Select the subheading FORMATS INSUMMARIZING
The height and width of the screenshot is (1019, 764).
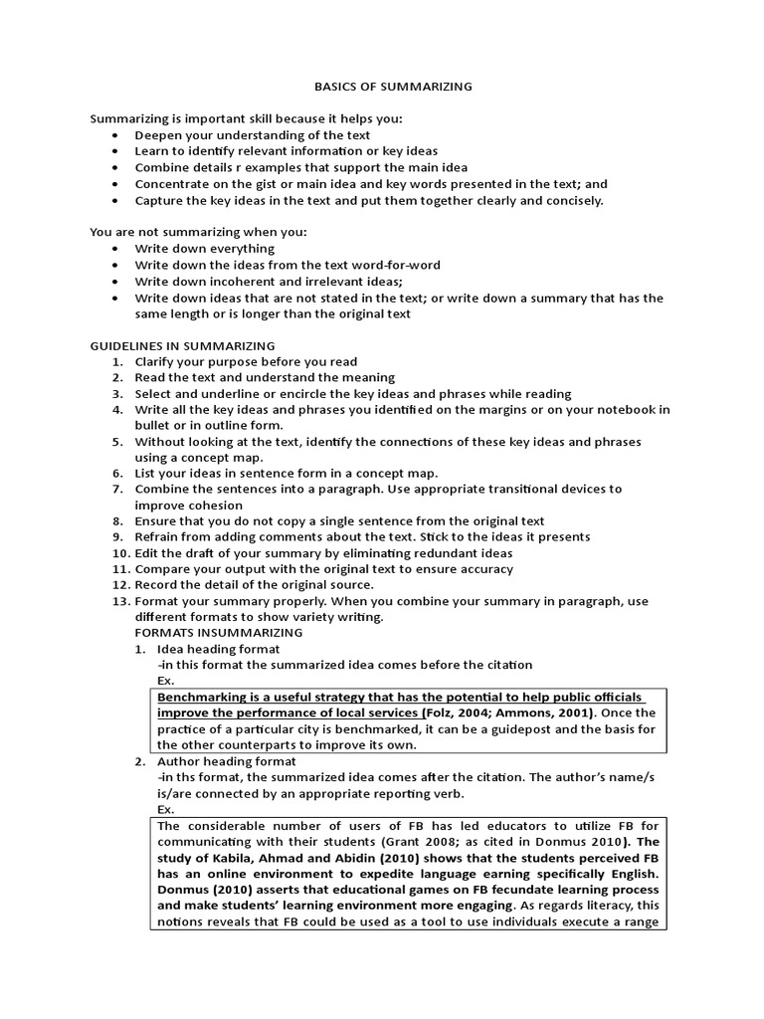219,633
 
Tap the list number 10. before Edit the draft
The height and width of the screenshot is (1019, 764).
120,553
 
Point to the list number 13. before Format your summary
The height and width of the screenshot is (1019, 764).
120,601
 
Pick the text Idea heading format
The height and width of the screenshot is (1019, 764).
211,649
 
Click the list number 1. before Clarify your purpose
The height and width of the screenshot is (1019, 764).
120,362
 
